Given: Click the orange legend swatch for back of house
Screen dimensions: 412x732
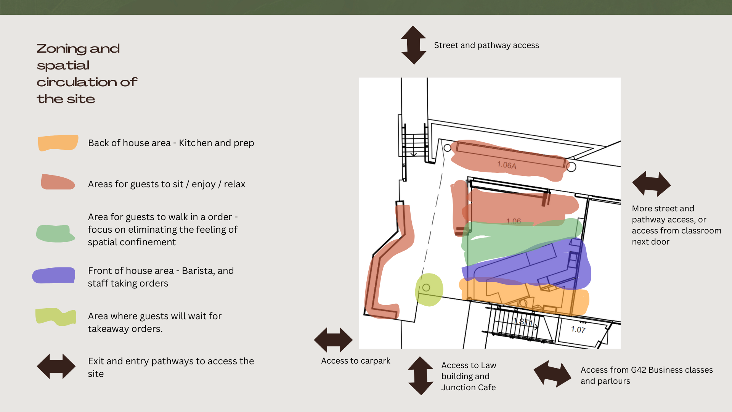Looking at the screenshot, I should (x=58, y=143).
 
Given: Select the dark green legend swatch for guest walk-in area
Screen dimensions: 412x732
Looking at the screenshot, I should (x=56, y=233).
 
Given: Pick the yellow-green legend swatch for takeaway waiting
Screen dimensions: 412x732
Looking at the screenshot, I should (x=56, y=317).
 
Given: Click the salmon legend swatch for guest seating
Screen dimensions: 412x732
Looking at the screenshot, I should (x=58, y=182).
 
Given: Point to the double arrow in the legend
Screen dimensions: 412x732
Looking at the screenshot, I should (x=56, y=366).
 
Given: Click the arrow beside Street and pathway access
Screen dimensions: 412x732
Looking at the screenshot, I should (x=414, y=45).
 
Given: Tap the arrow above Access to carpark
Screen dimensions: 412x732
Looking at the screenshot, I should (x=333, y=340).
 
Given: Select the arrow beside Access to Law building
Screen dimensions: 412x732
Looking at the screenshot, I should (x=421, y=376).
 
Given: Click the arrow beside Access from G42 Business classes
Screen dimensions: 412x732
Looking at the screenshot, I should (x=552, y=373).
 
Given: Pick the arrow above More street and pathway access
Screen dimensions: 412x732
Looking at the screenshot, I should (x=651, y=184).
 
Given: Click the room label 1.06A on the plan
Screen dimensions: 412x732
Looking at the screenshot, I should (x=507, y=165).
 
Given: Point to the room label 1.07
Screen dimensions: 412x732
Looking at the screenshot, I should (x=578, y=330).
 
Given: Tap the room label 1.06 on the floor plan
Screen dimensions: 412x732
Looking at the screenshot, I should (x=513, y=221).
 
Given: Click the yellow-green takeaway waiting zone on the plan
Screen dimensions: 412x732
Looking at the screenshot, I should (x=429, y=290).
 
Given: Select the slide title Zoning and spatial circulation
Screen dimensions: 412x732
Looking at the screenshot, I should (x=87, y=74).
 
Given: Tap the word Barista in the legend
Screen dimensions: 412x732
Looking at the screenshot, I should (x=197, y=271).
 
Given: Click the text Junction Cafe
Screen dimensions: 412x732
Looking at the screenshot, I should (x=469, y=388).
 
